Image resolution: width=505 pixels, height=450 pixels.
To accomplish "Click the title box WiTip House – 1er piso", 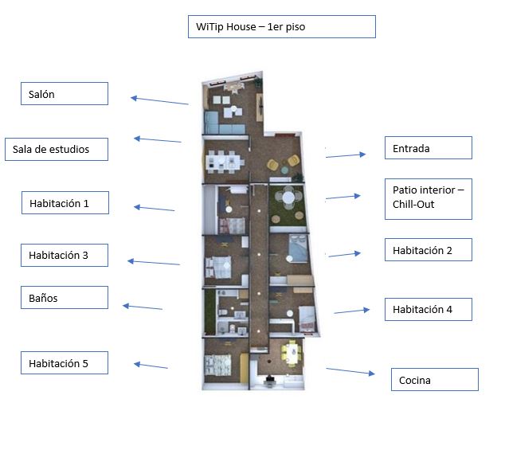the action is (282, 27).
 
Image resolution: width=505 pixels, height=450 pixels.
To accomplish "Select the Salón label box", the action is (65, 94).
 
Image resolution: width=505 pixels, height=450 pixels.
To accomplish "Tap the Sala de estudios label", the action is (57, 150).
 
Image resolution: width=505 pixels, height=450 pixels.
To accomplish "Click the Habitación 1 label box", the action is (65, 203).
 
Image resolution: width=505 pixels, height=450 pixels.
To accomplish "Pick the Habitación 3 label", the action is (65, 256).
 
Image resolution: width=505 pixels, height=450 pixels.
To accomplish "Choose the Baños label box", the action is (65, 298).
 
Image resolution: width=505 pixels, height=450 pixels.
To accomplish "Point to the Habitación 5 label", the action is (65, 363).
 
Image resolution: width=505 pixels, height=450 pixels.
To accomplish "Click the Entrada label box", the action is (429, 148).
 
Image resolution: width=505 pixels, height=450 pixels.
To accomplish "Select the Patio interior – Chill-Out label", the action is (429, 199).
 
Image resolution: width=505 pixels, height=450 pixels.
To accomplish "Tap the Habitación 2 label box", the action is (429, 249).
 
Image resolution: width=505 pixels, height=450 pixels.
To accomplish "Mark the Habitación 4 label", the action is (429, 310).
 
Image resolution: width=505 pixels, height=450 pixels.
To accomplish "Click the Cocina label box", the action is (435, 380).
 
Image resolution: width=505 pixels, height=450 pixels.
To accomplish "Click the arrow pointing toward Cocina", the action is (350, 371).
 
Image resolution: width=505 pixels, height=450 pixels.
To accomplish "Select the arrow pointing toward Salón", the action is (159, 100).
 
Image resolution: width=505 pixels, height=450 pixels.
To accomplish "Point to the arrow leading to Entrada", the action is (346, 155).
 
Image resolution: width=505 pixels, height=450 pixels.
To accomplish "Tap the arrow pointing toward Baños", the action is (143, 307).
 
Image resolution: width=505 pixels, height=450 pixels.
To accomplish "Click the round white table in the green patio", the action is (288, 198).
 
